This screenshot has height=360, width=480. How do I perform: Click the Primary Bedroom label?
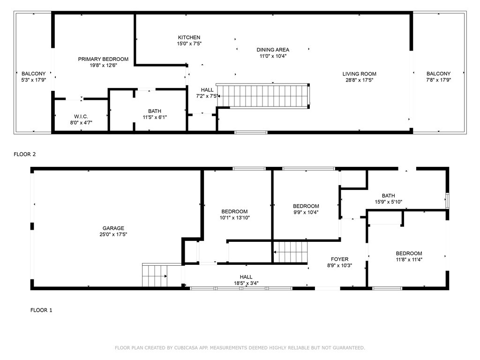click(x=103, y=59)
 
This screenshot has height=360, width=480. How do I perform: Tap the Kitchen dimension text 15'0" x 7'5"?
click(x=189, y=44)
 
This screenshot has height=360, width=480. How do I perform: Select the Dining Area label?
click(x=273, y=50)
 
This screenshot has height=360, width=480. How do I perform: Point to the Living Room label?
click(x=360, y=74)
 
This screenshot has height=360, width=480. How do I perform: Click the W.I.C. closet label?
click(x=81, y=116)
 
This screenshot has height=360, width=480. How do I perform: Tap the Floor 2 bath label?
click(x=155, y=111)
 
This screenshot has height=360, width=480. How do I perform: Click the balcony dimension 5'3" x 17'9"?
click(x=34, y=80)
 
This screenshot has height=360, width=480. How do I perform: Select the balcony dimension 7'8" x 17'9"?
click(x=439, y=80)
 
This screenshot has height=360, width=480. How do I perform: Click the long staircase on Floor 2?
click(x=262, y=96)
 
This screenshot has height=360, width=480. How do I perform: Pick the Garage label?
click(x=113, y=228)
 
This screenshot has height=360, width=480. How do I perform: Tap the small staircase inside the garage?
click(x=155, y=275)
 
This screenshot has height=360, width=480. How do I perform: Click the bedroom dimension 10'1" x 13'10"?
click(x=235, y=217)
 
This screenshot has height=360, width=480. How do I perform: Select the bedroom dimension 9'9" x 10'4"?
click(x=306, y=212)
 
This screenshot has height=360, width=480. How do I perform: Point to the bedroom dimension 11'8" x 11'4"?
click(x=409, y=260)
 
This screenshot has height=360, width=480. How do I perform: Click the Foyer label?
click(x=339, y=259)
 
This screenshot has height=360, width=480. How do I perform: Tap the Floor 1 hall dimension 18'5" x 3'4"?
click(x=246, y=283)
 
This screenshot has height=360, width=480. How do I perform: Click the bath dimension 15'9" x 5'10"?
click(x=389, y=202)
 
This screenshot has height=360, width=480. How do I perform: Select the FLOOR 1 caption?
click(x=41, y=310)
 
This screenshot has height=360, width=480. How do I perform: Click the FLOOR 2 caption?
click(x=25, y=154)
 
